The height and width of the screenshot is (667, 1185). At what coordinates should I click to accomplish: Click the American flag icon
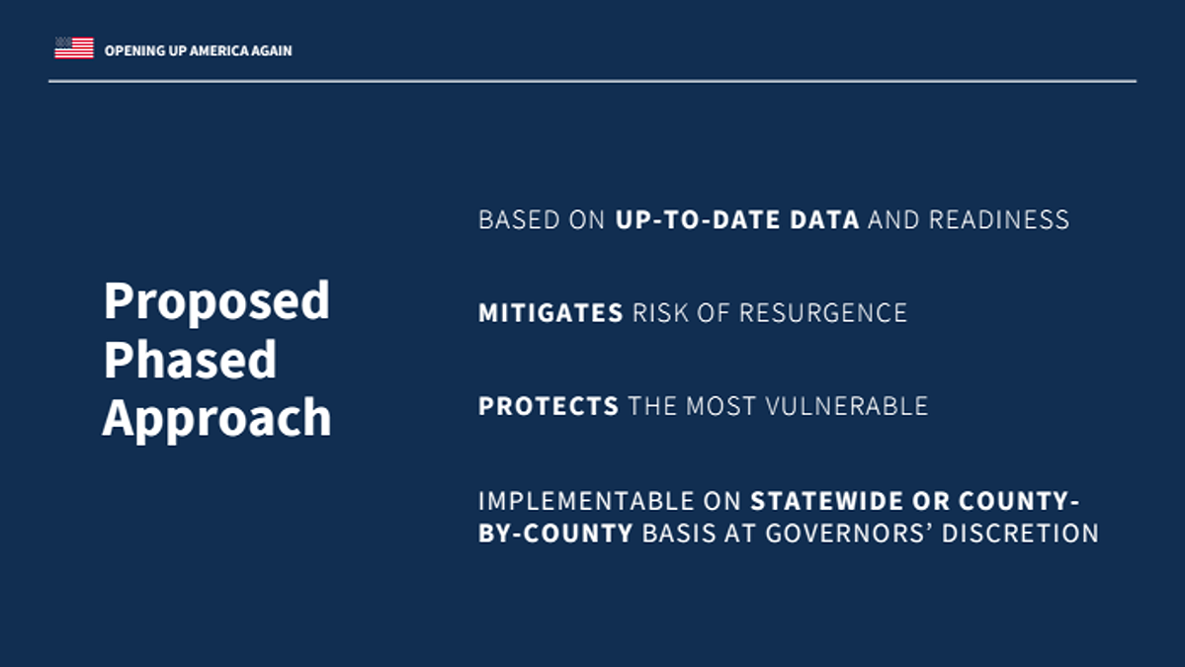click(74, 47)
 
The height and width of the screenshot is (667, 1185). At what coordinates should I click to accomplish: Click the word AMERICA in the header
click(218, 50)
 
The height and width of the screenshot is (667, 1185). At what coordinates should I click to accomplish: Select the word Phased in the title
click(190, 359)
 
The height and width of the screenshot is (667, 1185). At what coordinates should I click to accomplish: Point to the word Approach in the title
click(216, 419)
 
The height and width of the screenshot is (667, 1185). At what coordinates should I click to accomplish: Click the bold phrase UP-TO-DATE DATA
click(737, 219)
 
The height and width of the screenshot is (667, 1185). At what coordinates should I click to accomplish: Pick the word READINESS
click(998, 219)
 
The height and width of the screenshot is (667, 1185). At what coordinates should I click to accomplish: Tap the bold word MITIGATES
click(550, 312)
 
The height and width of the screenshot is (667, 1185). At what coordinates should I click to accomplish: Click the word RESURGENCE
click(822, 312)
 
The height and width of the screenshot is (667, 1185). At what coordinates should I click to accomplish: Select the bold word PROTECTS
click(549, 406)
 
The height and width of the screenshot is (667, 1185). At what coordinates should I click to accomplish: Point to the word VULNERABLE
click(846, 406)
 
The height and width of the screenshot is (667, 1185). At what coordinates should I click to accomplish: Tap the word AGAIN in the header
click(272, 50)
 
